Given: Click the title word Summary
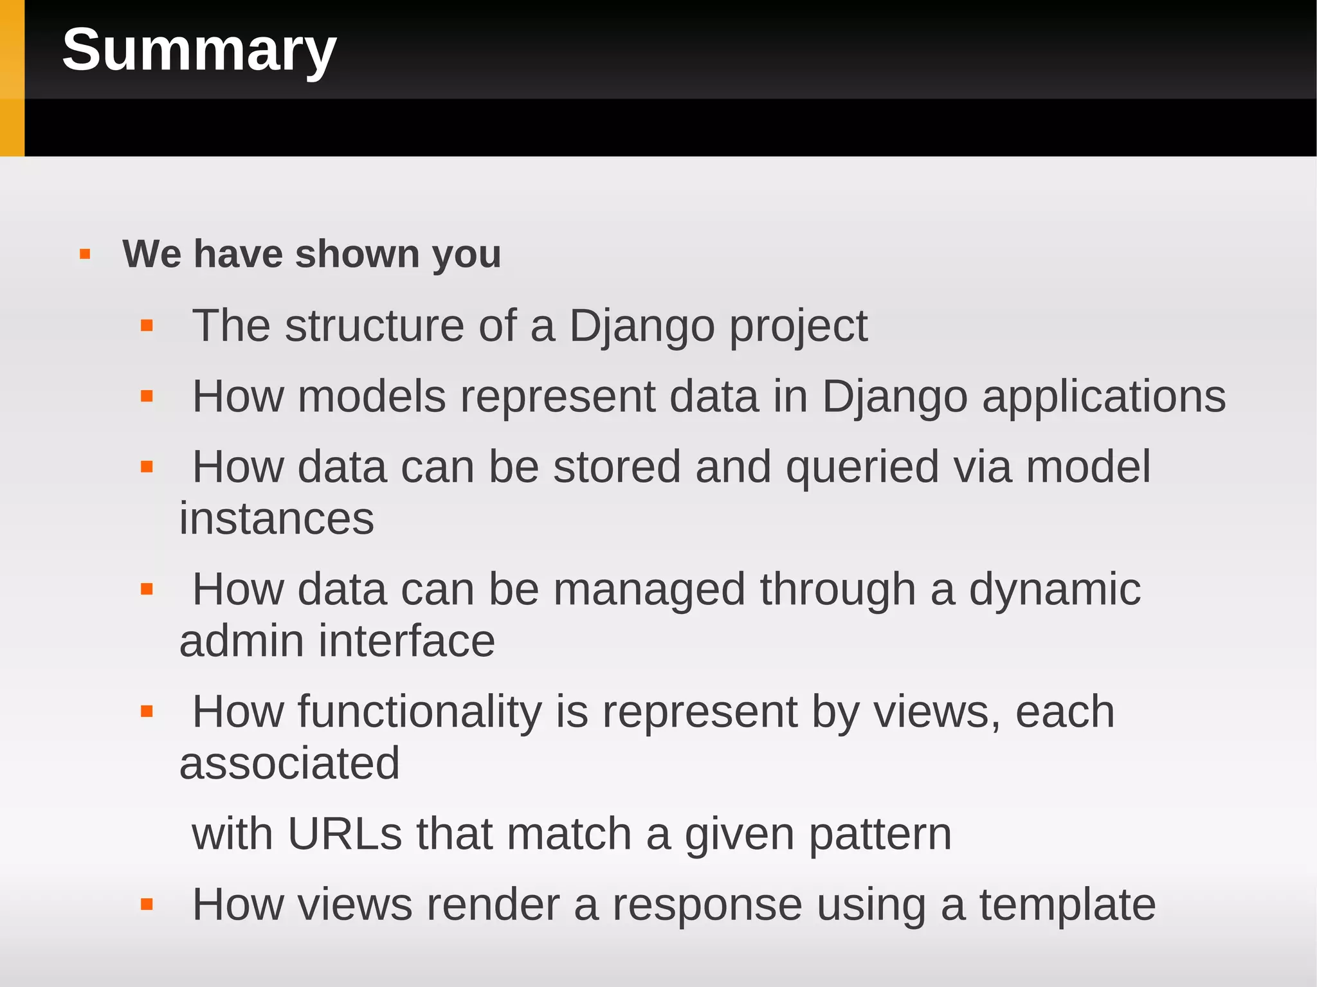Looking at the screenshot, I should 199,50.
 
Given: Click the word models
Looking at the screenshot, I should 372,396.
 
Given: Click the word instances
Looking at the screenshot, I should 277,518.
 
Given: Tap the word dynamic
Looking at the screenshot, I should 1055,589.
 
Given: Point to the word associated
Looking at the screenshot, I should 289,763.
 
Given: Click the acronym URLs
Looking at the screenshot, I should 345,834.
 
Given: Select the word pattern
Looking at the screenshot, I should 880,835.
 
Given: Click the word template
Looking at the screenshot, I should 1067,905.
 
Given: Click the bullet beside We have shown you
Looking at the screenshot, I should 85,255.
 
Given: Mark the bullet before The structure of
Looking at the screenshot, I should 147,326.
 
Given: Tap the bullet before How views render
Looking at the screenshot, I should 147,905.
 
